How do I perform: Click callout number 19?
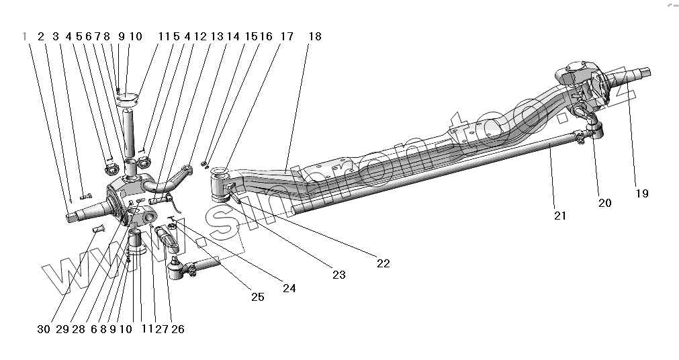641,193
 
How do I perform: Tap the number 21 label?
560,216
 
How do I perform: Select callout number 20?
604,203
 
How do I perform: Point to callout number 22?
383,263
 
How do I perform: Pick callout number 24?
289,288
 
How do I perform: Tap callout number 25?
258,296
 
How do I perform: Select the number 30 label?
44,329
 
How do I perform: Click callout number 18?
314,36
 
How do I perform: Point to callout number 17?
287,36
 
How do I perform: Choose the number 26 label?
178,329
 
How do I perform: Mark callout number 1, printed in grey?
25,36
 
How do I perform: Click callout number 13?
216,36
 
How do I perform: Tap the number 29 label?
62,329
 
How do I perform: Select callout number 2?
41,36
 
